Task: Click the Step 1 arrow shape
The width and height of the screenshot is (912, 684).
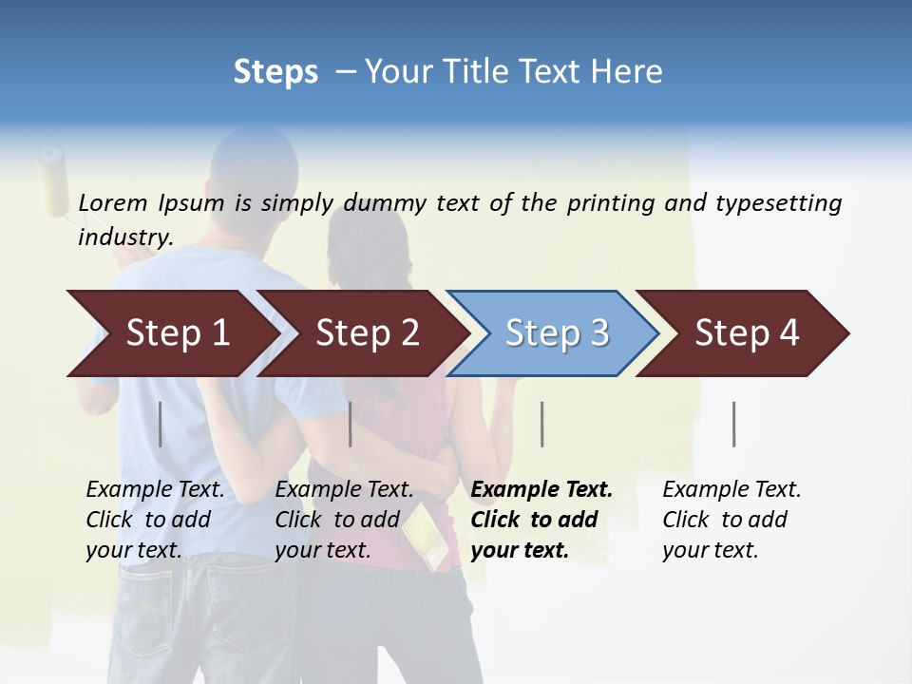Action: click(176, 333)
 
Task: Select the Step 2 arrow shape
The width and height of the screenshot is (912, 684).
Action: click(366, 333)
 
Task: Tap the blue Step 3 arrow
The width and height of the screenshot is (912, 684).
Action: click(556, 333)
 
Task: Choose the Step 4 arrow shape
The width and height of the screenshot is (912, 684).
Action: click(746, 333)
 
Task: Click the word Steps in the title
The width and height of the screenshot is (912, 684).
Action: click(275, 72)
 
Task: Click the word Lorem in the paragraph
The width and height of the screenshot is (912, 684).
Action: click(113, 202)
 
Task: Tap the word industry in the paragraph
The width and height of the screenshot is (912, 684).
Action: click(123, 237)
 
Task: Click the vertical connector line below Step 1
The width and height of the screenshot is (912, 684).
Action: click(160, 424)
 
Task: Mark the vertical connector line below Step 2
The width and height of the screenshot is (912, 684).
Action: click(351, 424)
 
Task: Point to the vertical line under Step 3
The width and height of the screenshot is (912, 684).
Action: click(541, 424)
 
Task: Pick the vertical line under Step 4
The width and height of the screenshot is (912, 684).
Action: click(733, 424)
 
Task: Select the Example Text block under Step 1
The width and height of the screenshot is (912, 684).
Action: click(155, 519)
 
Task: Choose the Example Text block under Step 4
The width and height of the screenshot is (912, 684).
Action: click(731, 519)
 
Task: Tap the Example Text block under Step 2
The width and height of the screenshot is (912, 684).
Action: click(344, 519)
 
